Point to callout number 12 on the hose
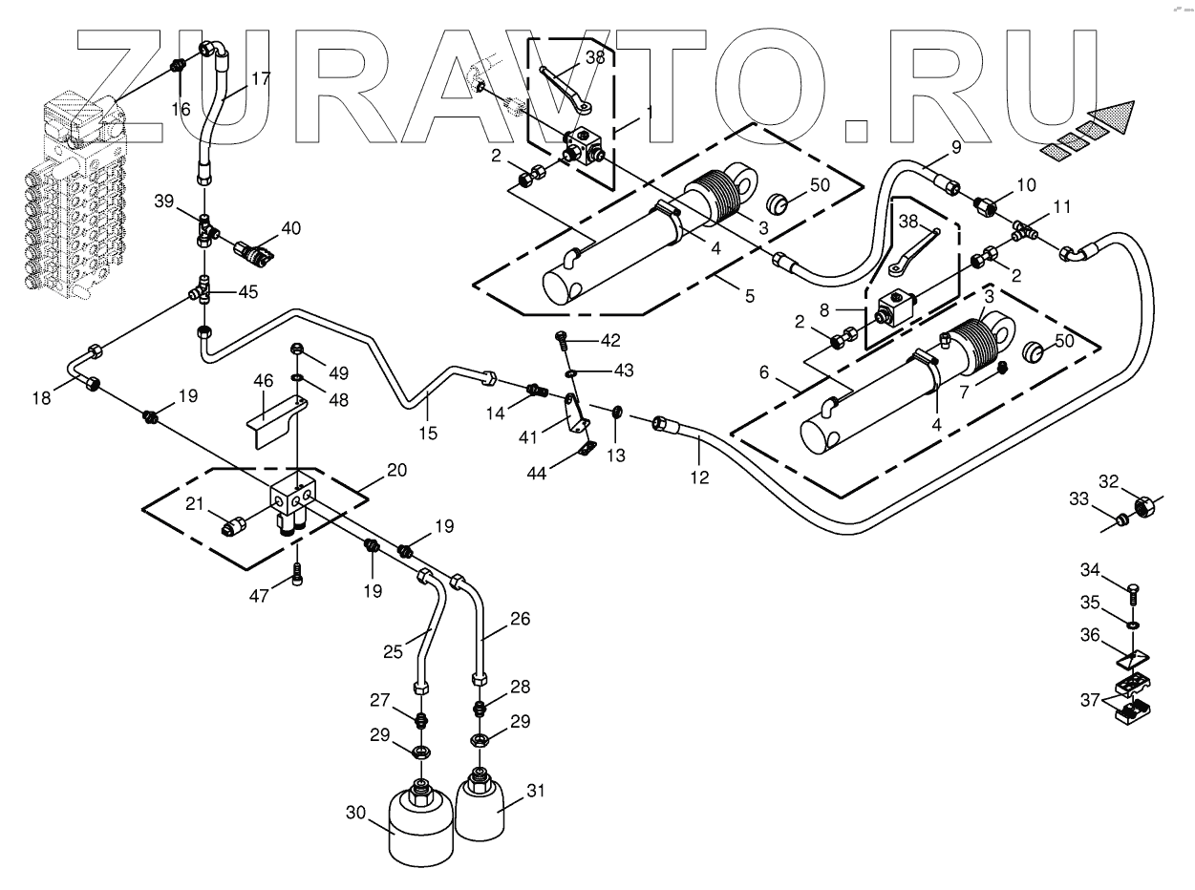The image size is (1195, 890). point(700,476)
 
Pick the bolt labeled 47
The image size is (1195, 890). point(298,572)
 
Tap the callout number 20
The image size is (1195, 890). point(396,470)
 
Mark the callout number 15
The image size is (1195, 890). point(428,433)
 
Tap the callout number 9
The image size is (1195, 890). point(954,148)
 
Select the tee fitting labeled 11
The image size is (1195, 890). point(1028,231)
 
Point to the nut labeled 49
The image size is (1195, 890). point(298,348)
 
